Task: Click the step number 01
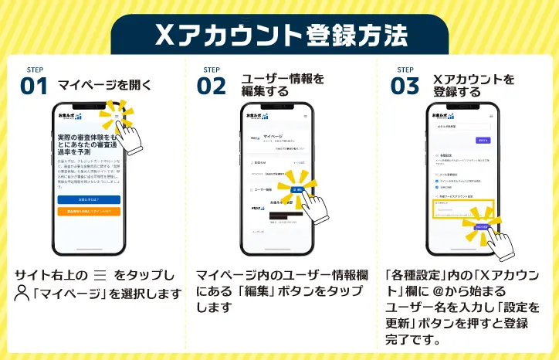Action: point(34,86)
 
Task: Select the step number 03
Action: point(404,86)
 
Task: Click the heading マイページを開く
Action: point(104,86)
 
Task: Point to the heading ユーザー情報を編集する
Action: point(279,85)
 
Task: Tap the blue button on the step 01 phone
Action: point(89,199)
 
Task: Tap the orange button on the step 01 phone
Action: point(89,211)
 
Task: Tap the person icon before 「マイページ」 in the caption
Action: point(22,293)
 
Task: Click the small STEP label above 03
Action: point(405,70)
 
